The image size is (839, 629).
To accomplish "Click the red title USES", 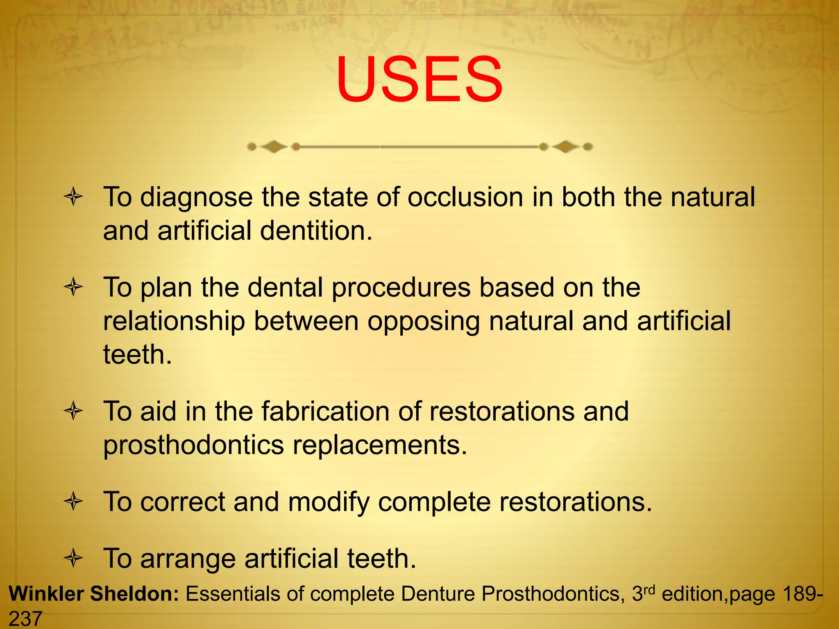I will pos(419,80).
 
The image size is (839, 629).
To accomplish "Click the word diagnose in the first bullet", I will pos(196,197).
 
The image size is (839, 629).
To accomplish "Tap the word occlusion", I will pos(465,197).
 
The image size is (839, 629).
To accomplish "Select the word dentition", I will pos(316,231).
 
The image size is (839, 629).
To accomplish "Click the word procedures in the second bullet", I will pos(401,287).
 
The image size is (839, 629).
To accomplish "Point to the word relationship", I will pos(174,321).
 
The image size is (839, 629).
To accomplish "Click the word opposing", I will pos(424,322).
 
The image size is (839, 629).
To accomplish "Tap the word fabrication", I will pos(325,411).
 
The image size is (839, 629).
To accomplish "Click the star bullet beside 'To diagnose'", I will pos(74,197).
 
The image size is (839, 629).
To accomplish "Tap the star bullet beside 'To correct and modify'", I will pos(74,502).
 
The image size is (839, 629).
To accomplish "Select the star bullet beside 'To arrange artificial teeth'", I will pos(74,558).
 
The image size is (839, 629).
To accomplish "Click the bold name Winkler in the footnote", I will pos(45,594).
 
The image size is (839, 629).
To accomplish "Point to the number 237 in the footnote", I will pos(25,618).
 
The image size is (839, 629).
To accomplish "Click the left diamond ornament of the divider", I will pos(274,147).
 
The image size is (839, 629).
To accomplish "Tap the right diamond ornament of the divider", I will pos(565,147).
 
